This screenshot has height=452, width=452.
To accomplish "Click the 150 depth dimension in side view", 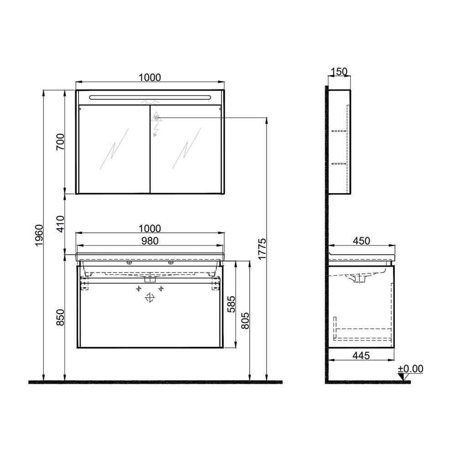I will tap(339, 72).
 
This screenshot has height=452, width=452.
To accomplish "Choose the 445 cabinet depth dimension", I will tap(360, 355).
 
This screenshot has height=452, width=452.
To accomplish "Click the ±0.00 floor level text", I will tap(410, 368).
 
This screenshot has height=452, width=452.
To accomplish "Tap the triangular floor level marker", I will tap(401, 377).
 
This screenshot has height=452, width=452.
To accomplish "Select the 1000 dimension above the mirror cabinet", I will tap(150, 78).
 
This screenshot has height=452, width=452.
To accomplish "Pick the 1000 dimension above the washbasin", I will tap(150, 229).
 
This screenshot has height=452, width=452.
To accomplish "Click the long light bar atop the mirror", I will tap(150, 97).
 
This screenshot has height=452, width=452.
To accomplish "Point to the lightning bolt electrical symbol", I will tap(156, 131).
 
